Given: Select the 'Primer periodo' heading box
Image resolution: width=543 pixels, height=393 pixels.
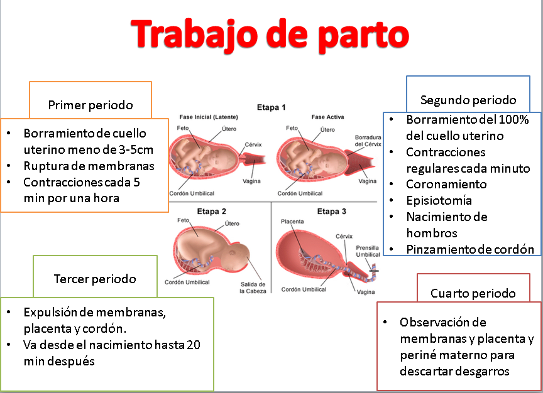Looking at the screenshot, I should [x=90, y=105].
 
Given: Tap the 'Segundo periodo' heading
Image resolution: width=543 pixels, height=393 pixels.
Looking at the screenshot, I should [x=468, y=100].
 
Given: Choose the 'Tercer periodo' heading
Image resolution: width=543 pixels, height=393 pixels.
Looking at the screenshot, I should [x=95, y=279].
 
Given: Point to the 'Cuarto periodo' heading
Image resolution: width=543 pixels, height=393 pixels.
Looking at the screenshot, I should [x=473, y=293].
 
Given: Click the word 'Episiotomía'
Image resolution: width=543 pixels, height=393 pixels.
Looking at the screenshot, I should [x=439, y=201].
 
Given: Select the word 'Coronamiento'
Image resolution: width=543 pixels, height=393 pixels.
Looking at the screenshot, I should [x=446, y=185].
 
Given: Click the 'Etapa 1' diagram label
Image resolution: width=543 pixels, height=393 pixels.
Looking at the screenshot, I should [x=271, y=107].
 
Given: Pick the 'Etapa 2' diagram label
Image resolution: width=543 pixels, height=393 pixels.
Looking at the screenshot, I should [x=212, y=212].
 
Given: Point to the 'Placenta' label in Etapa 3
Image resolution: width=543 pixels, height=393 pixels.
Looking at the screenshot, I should [x=292, y=222].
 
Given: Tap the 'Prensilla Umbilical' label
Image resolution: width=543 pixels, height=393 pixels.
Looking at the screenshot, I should [x=368, y=250].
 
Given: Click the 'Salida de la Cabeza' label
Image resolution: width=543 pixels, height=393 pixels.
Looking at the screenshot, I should [x=253, y=288].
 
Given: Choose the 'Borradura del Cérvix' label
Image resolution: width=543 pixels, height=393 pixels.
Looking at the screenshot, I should [x=368, y=140].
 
